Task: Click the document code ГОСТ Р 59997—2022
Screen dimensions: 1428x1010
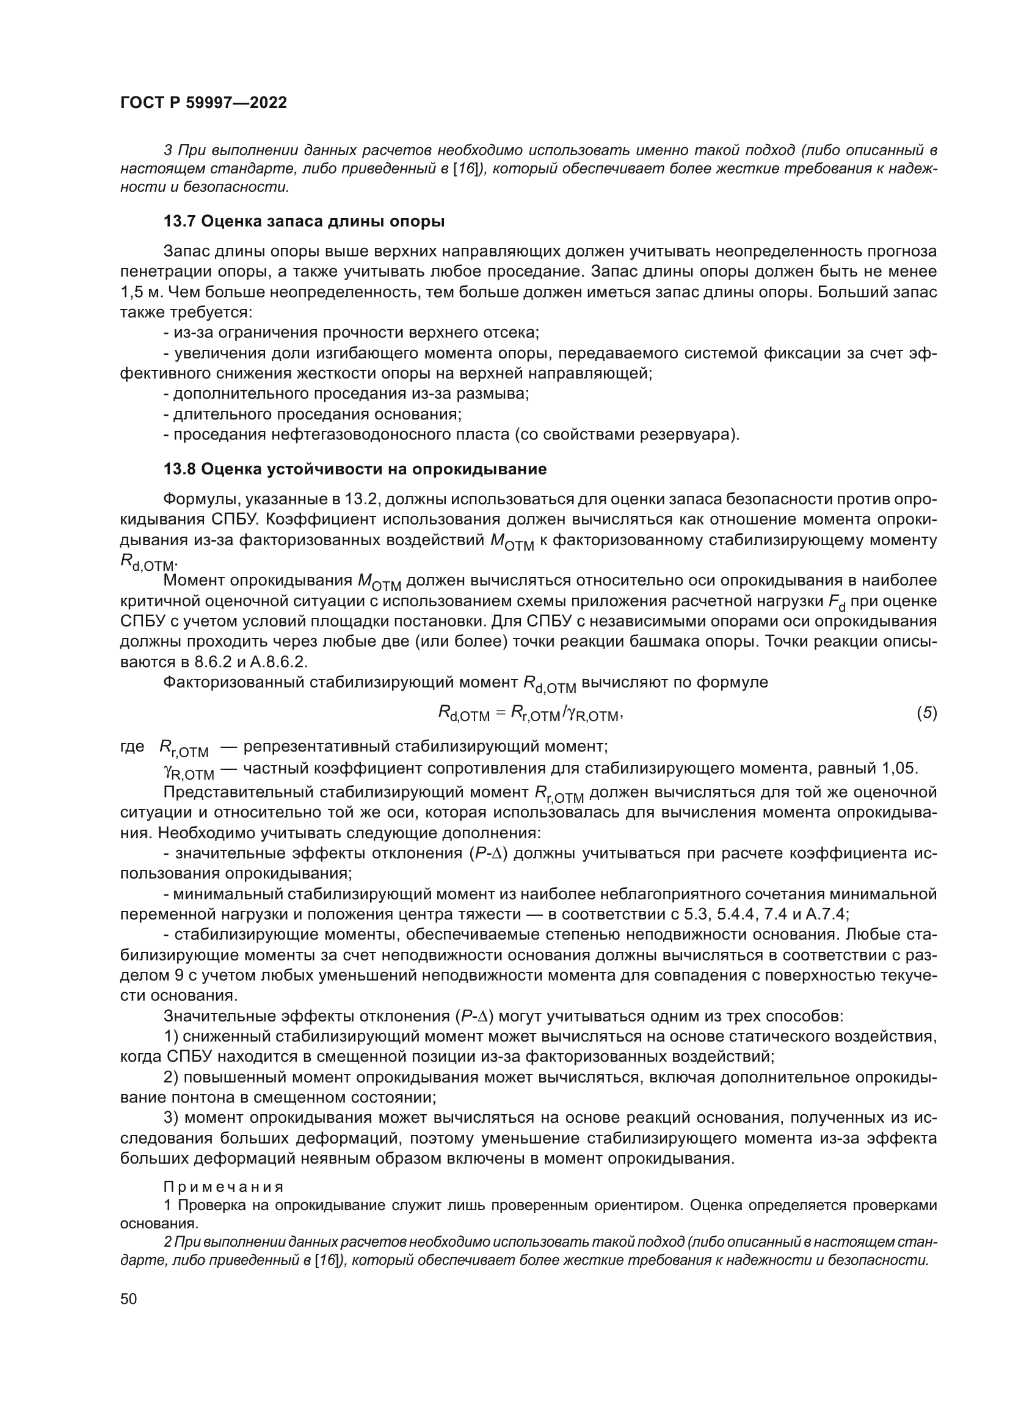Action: [203, 103]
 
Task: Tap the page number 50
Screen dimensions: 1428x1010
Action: [129, 1299]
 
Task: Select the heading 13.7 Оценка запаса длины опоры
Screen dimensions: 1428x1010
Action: [304, 221]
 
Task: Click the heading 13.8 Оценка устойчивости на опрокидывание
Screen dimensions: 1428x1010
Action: [355, 469]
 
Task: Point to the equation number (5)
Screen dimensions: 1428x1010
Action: [927, 713]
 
